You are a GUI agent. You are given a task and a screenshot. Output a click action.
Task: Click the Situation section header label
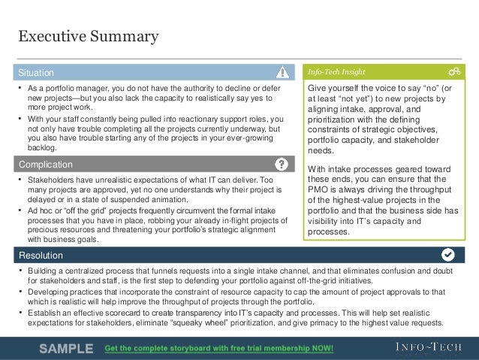point(36,73)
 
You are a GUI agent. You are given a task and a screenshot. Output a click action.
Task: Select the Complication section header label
point(45,164)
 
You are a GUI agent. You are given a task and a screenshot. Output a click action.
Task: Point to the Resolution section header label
point(41,255)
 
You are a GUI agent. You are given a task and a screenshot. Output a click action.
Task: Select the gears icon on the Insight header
point(453,73)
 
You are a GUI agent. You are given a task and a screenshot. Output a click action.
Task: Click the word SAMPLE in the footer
point(66,349)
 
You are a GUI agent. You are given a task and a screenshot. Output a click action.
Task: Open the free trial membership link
point(219,349)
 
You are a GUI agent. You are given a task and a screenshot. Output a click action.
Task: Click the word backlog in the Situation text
point(43,149)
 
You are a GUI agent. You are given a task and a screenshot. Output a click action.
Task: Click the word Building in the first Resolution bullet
point(44,269)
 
